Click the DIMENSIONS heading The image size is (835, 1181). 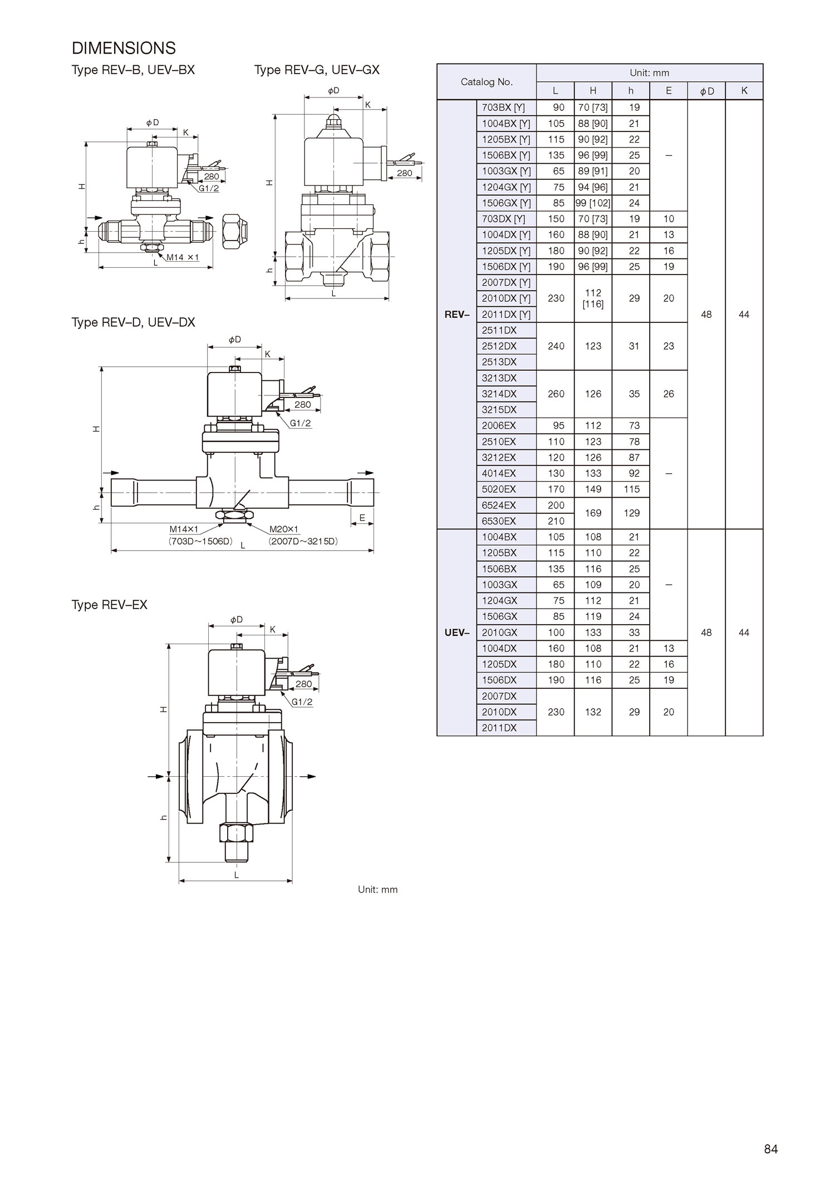click(x=124, y=48)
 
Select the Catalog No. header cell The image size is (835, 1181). click(x=487, y=82)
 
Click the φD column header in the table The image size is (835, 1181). click(x=706, y=91)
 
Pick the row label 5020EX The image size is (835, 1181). click(x=499, y=489)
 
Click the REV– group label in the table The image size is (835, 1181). click(x=457, y=315)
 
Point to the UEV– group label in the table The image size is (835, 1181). click(x=457, y=633)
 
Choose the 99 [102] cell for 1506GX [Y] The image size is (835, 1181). click(x=593, y=203)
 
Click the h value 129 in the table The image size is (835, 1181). click(x=631, y=513)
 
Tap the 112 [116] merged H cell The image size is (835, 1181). click(x=593, y=298)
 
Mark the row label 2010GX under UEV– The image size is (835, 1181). click(x=499, y=633)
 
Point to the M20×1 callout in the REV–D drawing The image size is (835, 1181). click(x=284, y=530)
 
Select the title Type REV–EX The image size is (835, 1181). click(x=109, y=605)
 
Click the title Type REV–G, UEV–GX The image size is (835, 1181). click(x=317, y=70)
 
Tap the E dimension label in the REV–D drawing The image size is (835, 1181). click(x=362, y=518)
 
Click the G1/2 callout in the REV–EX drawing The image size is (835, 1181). click(x=302, y=702)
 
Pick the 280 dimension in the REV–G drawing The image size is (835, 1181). click(x=405, y=173)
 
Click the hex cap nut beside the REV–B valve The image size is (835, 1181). click(x=234, y=231)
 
